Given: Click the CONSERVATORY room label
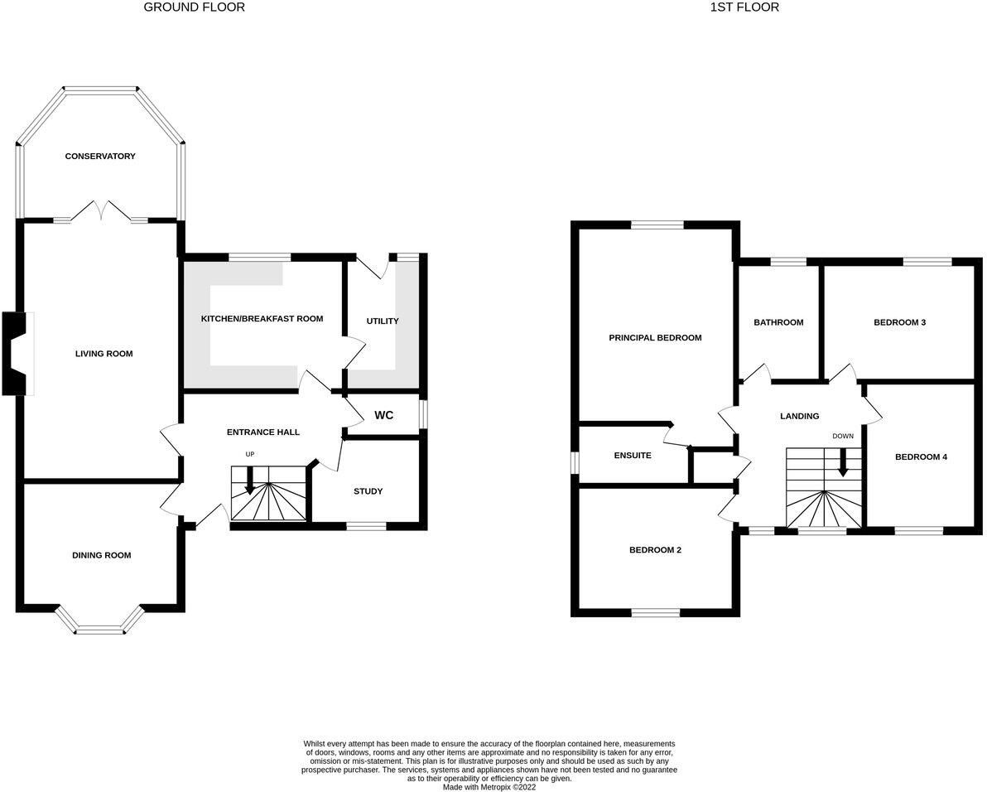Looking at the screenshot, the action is [100, 156].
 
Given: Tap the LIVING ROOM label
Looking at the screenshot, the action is [104, 354].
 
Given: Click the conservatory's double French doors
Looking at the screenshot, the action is [101, 211].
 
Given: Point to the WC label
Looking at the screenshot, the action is [384, 415].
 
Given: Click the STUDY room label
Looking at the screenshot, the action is [368, 491].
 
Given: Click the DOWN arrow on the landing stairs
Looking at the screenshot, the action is [842, 462].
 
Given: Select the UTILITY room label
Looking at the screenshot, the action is [383, 321].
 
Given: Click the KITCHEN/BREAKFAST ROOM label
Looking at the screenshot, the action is [262, 319].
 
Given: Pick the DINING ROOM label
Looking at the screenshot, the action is [101, 555].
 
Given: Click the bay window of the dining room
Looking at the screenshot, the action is [100, 621].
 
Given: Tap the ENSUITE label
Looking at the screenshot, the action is [633, 455].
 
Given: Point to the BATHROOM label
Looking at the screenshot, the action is [778, 322].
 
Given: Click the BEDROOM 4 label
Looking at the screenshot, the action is [921, 457].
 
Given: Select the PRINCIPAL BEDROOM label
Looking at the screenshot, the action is [655, 338].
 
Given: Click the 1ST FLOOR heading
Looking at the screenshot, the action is [744, 7].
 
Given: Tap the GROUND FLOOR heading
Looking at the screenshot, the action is [195, 7].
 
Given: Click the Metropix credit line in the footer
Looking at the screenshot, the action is [489, 787].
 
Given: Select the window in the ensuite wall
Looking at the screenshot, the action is [575, 462].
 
